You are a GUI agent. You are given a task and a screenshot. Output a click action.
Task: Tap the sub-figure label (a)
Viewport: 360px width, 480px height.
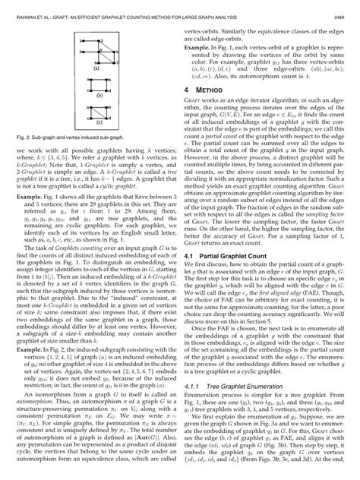point(96,68)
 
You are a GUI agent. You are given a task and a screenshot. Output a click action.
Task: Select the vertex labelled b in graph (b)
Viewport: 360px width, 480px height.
point(106,79)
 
